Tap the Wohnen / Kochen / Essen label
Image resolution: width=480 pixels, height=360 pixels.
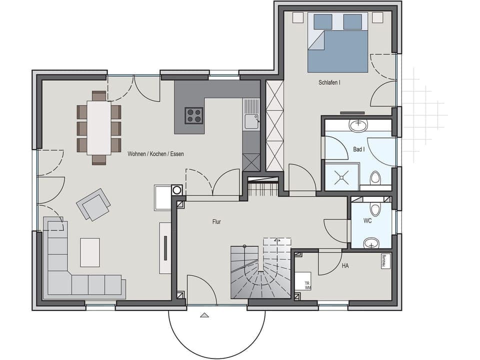click(155, 154)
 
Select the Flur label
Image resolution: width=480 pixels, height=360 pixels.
click(216, 222)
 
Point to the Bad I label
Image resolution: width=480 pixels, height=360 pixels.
click(358, 149)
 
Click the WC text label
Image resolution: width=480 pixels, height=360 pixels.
click(367, 220)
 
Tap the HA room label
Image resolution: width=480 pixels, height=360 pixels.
click(345, 266)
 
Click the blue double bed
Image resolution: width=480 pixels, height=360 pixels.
click(338, 43)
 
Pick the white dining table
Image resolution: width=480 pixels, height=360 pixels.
click(99, 127)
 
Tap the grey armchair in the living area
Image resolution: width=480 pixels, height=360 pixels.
click(93, 204)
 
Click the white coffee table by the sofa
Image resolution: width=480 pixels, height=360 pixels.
click(90, 252)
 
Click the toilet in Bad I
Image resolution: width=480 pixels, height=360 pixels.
click(375, 177)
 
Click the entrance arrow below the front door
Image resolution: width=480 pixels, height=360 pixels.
click(204, 315)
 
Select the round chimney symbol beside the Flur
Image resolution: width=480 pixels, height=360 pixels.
click(176, 190)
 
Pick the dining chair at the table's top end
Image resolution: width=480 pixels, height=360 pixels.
click(99, 95)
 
